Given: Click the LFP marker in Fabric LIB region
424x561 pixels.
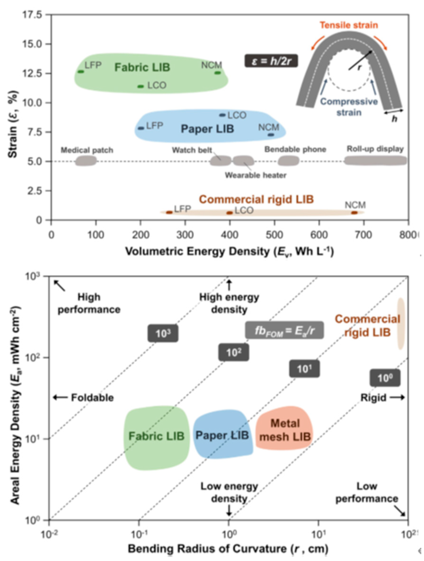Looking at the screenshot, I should [x=81, y=71].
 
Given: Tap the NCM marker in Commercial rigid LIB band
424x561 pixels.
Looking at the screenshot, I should [x=354, y=213].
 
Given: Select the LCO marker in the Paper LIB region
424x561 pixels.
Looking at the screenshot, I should [x=222, y=115].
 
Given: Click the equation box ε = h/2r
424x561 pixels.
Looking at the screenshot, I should [x=271, y=61].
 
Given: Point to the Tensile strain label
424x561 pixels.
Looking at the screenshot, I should [x=348, y=25].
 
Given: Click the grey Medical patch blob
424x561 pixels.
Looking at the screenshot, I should [x=86, y=161].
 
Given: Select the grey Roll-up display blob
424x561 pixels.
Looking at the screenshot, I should [x=375, y=160].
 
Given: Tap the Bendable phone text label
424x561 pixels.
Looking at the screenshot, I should [x=295, y=149].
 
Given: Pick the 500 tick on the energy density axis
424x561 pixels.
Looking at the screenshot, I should [x=274, y=235].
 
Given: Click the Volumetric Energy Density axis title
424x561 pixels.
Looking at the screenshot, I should [x=229, y=251].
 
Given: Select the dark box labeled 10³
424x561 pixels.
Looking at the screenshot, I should [x=163, y=333].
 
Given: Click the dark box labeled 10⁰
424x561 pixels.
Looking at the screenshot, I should [x=385, y=378].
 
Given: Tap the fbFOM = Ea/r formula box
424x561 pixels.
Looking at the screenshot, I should [x=284, y=330].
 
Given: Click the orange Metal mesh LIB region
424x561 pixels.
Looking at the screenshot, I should [x=284, y=429].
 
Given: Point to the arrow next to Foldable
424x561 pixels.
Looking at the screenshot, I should [x=60, y=397].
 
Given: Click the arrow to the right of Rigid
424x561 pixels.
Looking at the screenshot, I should [x=397, y=397].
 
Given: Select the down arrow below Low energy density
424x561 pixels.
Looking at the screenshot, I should [x=229, y=509].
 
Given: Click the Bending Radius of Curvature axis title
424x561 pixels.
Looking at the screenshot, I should [x=228, y=548].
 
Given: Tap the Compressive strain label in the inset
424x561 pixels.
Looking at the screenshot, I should [x=349, y=107].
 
